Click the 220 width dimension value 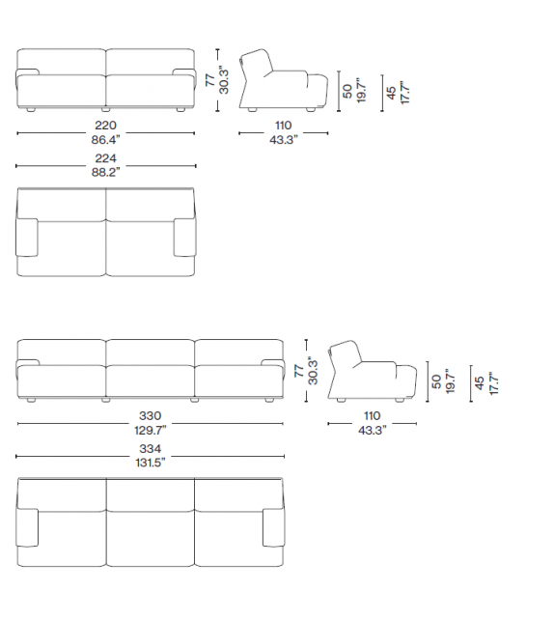pos(106,126)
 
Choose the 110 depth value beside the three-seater pos(373,417)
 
